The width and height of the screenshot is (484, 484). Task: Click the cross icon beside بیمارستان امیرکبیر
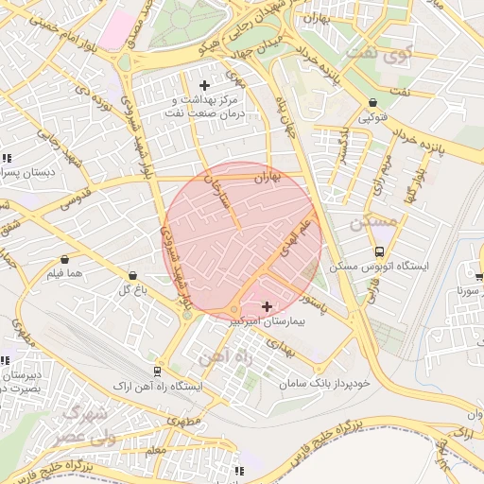267,306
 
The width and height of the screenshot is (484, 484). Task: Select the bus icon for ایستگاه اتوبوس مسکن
379,251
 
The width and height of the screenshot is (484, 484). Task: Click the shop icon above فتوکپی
372,103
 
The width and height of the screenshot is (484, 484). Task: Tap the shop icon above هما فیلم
64,259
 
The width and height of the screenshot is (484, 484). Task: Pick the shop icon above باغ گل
131,276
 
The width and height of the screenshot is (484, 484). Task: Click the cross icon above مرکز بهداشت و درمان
204,86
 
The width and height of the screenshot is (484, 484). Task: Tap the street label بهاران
268,177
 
